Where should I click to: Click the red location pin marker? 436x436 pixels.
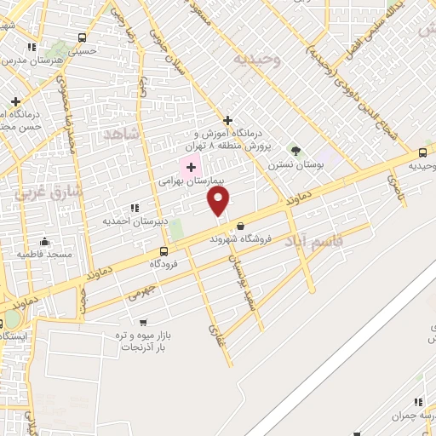click(219, 200)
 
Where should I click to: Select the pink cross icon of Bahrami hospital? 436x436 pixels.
click(190, 166)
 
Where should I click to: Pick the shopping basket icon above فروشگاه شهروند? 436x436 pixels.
click(242, 226)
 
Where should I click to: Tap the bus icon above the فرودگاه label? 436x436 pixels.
click(163, 251)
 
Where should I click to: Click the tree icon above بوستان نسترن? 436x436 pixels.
click(296, 151)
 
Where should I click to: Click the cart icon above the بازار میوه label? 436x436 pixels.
click(142, 321)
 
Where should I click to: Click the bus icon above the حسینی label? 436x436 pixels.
click(82, 37)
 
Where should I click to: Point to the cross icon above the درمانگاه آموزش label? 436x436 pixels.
click(227, 120)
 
